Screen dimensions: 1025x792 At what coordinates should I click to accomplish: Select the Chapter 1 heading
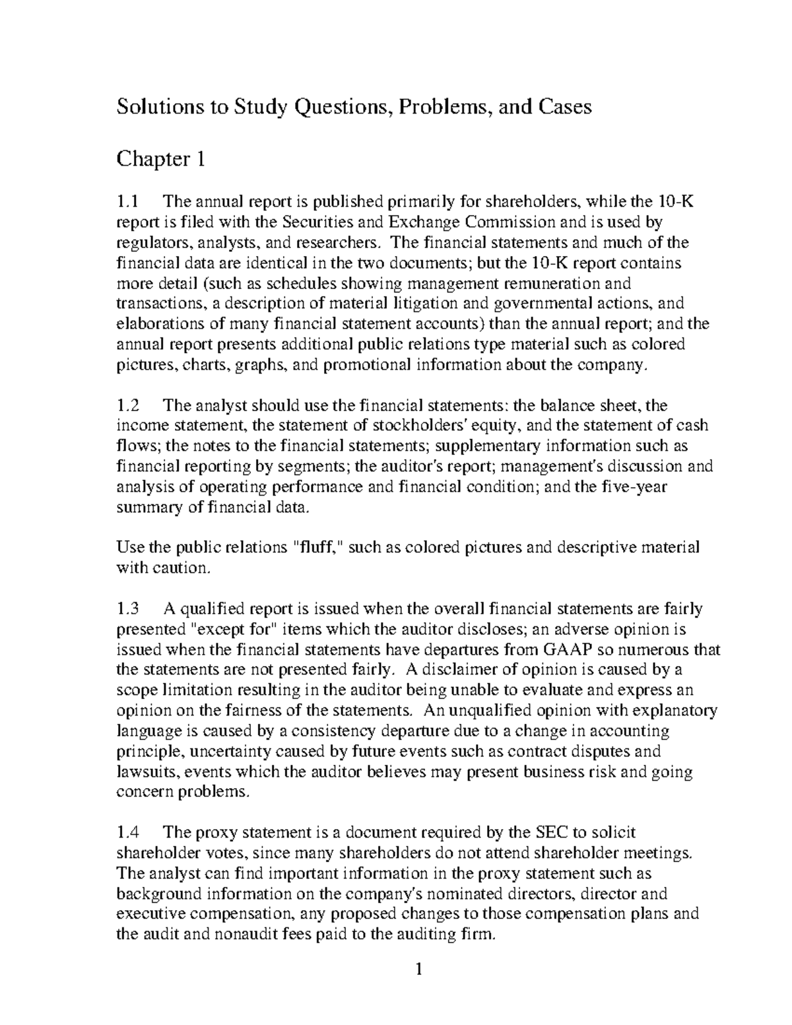(161, 159)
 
